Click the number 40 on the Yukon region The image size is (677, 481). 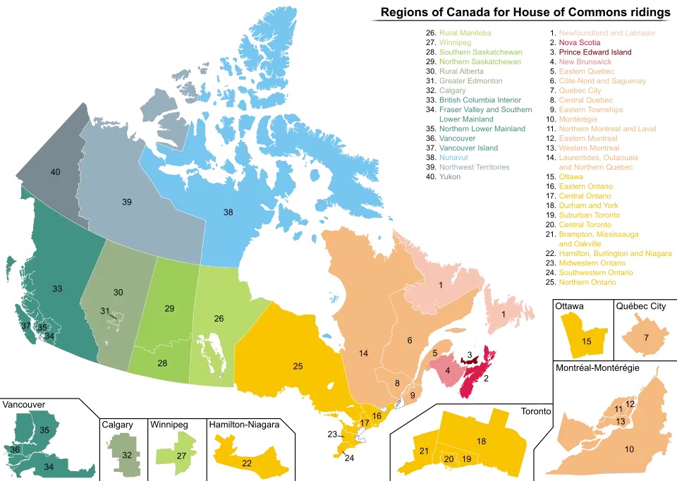[x=55, y=172]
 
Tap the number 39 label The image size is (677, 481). [x=127, y=202]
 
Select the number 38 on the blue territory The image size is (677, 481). [x=228, y=212]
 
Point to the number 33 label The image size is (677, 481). [x=57, y=288]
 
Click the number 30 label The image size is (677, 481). [x=118, y=293]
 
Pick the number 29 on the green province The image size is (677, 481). [x=170, y=309]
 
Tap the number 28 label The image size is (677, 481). [x=162, y=363]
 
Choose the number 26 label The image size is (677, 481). [x=219, y=319]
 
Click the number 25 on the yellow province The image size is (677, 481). [x=298, y=366]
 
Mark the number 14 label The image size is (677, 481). [x=363, y=353]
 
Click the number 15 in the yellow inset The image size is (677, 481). [x=586, y=341]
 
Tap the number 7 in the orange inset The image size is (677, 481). [x=645, y=338]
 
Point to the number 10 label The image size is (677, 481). [x=629, y=449]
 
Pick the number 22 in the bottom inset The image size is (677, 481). [x=246, y=463]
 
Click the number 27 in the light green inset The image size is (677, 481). [x=181, y=456]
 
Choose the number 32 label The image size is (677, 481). [x=127, y=455]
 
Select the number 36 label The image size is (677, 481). [x=16, y=449]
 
